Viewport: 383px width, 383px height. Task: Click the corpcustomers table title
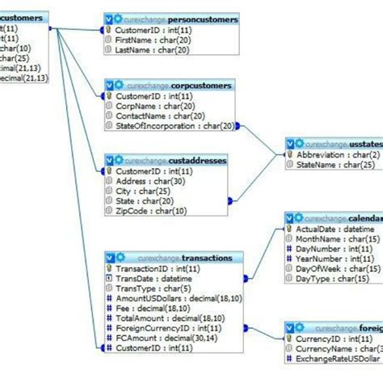point(193,84)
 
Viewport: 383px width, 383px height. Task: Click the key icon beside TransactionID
point(109,268)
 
